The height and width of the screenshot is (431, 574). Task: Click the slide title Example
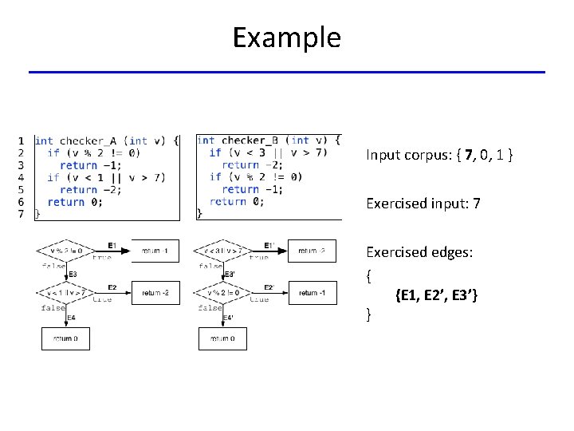[x=286, y=38]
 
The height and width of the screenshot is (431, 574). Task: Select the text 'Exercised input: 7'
[x=423, y=204]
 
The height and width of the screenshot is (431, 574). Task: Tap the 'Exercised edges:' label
[x=419, y=252]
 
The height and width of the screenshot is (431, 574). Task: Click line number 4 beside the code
[x=21, y=177]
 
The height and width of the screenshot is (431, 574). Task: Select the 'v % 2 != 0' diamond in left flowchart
[x=66, y=250]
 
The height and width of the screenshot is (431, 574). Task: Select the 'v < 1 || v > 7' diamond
[x=66, y=293]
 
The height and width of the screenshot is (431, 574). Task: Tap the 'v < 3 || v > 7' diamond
[x=222, y=250]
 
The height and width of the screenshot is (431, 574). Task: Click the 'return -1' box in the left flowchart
[x=155, y=250]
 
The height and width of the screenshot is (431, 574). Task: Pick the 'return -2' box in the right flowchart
[x=312, y=250]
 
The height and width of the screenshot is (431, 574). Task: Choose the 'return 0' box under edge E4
[x=65, y=338]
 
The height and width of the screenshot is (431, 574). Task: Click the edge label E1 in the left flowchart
[x=112, y=244]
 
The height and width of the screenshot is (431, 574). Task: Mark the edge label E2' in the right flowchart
[x=269, y=287]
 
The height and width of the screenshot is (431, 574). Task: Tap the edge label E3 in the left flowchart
[x=73, y=275]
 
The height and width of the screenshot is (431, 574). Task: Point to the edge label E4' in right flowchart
[x=230, y=318]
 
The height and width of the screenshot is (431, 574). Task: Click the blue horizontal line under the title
[x=286, y=73]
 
